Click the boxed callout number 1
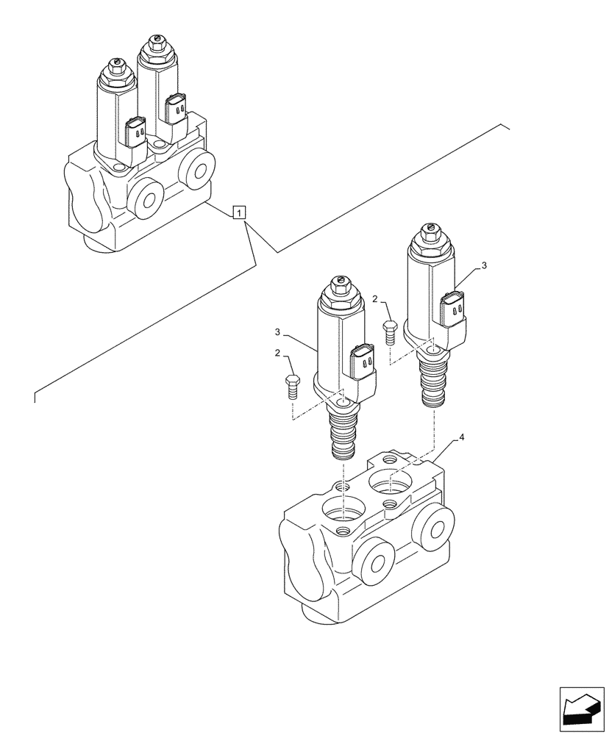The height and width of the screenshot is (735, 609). click(x=240, y=213)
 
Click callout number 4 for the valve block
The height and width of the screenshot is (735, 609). click(x=461, y=437)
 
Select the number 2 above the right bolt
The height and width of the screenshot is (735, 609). click(x=375, y=299)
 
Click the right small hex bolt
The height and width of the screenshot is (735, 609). click(x=390, y=331)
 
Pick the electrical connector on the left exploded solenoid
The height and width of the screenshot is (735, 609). click(x=363, y=362)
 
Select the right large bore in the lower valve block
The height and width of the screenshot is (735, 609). click(x=391, y=482)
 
